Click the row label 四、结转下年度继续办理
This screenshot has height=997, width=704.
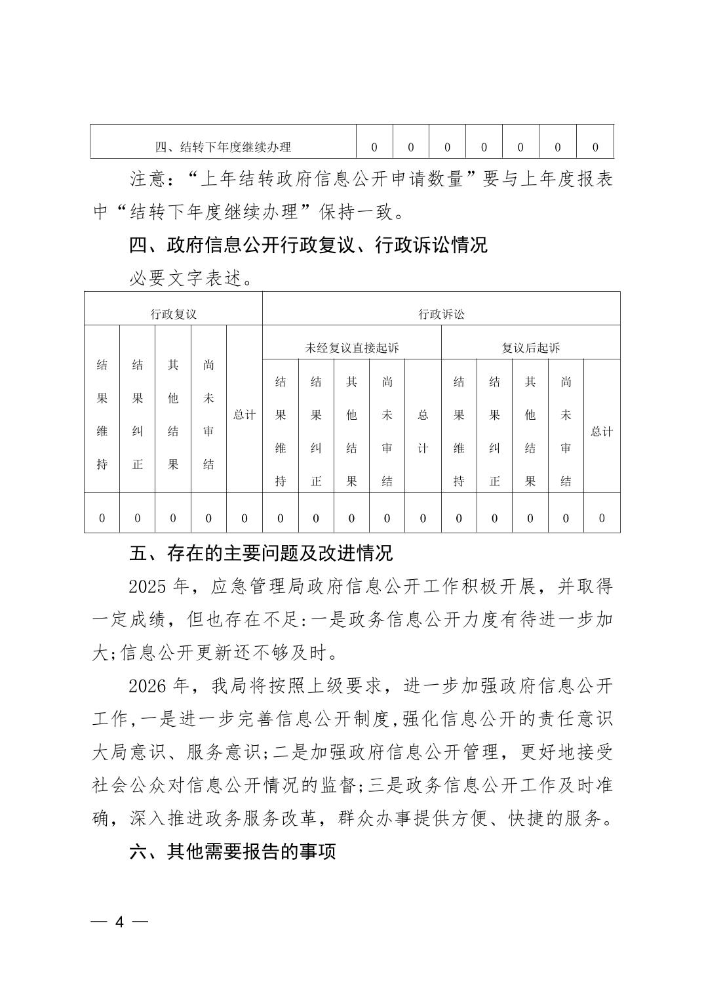[223, 147]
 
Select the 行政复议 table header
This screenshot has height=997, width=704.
[173, 314]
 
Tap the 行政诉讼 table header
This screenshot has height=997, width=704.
[441, 314]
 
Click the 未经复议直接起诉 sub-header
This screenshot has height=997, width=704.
[352, 348]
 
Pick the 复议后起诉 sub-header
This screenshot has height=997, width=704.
[530, 348]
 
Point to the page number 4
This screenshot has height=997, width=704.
[119, 922]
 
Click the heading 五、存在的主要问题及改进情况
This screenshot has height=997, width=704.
[261, 554]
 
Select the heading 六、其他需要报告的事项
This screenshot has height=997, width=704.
[233, 852]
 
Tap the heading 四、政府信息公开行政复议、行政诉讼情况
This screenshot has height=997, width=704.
[308, 246]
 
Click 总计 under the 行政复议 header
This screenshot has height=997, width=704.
[244, 415]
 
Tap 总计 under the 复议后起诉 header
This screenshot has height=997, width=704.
[602, 432]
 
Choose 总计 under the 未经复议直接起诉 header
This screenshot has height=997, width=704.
[423, 432]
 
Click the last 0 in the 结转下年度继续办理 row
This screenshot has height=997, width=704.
[595, 147]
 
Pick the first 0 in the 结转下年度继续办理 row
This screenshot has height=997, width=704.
[374, 147]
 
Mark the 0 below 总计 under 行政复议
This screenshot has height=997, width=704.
[244, 519]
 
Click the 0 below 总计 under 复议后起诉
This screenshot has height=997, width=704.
[602, 519]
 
